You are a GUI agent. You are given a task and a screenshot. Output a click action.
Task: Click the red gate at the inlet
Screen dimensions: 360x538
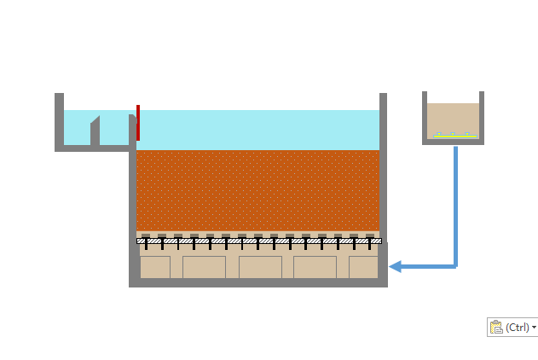[x=137, y=122]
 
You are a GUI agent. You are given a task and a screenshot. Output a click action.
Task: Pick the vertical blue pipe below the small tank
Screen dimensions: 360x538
[x=455, y=205]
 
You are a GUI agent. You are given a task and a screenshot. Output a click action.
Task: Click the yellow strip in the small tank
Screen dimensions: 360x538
[x=454, y=136]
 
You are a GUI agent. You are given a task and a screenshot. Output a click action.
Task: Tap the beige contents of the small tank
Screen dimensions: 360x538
[x=454, y=118]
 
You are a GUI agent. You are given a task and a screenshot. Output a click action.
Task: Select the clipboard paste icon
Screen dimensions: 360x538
[x=496, y=327]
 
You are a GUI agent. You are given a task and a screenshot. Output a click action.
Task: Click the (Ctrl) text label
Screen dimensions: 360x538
[x=518, y=327]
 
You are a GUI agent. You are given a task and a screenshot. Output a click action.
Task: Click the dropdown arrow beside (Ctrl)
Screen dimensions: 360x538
[x=534, y=327]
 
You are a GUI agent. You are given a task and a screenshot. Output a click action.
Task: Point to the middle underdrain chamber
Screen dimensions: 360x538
[x=260, y=267]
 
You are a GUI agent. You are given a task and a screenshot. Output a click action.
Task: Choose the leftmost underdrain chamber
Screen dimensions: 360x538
[x=154, y=267]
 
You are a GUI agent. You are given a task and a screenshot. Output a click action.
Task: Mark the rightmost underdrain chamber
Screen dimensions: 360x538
[x=363, y=267]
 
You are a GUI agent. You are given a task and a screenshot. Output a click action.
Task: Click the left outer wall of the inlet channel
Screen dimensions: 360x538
[x=59, y=119]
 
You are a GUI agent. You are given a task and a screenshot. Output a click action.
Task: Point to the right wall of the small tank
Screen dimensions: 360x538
[x=482, y=115]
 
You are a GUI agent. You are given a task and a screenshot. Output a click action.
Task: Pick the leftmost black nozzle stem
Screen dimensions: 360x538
[x=146, y=245]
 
